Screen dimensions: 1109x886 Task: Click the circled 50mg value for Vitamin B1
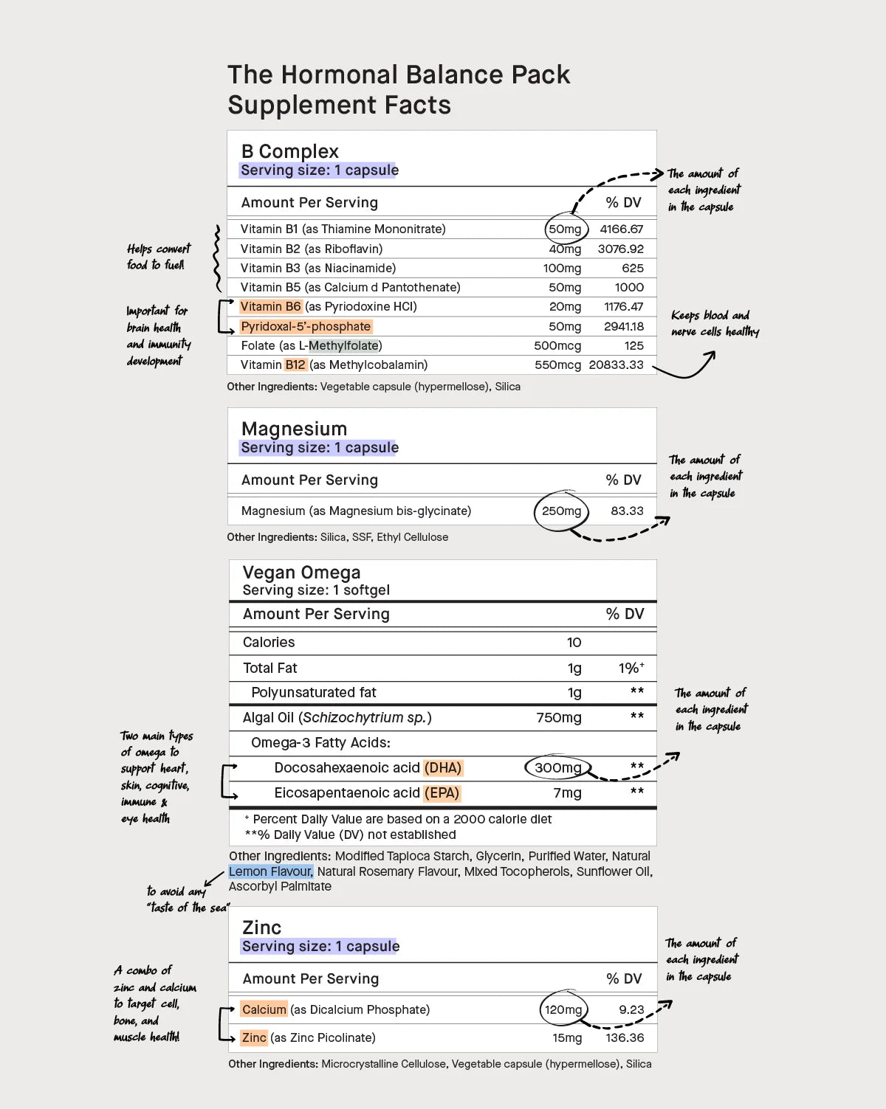pos(565,229)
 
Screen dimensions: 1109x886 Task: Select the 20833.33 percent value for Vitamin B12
pos(616,365)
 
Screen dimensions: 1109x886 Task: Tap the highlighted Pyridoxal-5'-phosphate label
pos(306,326)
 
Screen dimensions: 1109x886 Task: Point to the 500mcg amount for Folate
pos(557,346)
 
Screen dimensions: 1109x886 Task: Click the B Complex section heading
pos(289,151)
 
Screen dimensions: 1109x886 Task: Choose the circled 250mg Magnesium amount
pos(561,511)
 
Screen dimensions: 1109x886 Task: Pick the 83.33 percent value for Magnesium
pos(627,511)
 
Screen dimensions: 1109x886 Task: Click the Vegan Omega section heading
pos(301,573)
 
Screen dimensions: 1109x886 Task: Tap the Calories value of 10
pos(574,643)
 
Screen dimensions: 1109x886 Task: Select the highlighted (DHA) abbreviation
pos(443,768)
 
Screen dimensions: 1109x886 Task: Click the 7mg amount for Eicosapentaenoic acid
pos(567,793)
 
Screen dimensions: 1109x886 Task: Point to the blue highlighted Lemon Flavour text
pos(270,871)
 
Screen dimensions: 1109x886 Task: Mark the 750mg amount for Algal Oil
pos(558,718)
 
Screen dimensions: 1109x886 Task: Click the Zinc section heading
pos(261,927)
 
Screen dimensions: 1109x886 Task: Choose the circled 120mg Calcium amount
pos(563,1009)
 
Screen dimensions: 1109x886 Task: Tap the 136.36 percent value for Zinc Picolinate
pos(625,1038)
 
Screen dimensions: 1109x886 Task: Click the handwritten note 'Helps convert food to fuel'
pos(157,257)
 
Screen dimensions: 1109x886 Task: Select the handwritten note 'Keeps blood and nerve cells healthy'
pos(714,323)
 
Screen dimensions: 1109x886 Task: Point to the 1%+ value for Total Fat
pos(631,668)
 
